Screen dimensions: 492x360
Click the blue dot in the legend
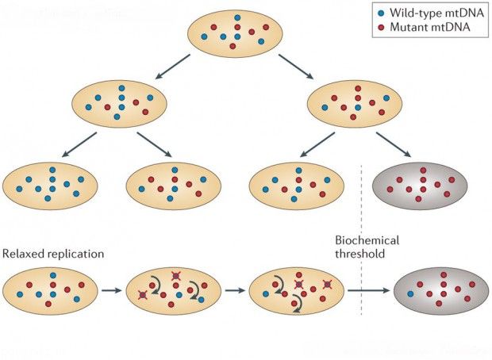[381, 13]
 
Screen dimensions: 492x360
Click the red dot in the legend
[381, 28]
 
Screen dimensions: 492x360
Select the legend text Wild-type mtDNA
[436, 13]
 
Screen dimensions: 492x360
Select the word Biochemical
[367, 240]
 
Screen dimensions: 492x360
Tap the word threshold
[360, 254]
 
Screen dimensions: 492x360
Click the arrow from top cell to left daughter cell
[173, 67]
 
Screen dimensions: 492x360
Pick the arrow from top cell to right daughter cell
[296, 67]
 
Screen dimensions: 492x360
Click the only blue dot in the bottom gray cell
[410, 294]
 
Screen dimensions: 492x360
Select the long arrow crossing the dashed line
[368, 291]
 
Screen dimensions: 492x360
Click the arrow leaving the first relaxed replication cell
[111, 291]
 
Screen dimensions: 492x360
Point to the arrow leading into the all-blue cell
[79, 144]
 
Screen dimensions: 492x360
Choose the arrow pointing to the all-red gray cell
[394, 144]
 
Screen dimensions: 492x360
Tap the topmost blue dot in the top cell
[237, 17]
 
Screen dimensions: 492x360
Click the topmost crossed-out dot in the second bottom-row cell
[175, 276]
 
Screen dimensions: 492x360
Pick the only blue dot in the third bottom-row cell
[266, 294]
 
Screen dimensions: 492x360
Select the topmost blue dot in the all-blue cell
[52, 170]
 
